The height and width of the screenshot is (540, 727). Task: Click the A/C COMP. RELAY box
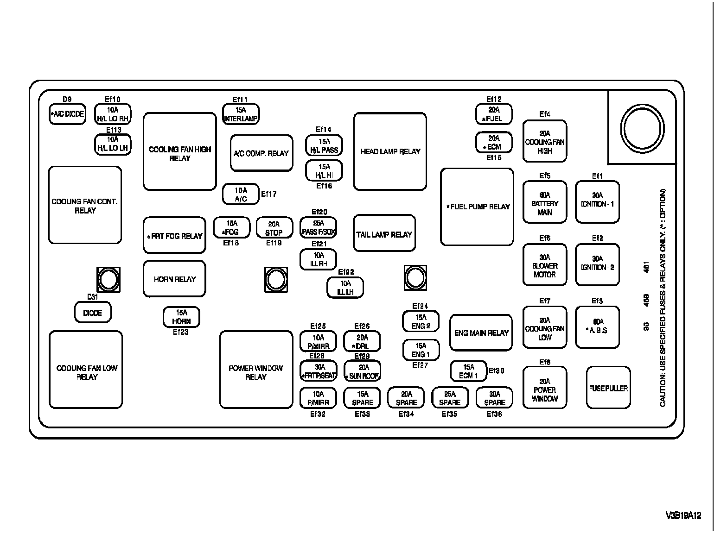point(261,153)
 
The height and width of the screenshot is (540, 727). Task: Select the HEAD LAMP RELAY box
point(390,151)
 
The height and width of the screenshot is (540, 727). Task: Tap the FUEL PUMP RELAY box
point(477,207)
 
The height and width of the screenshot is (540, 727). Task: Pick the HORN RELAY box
point(174,279)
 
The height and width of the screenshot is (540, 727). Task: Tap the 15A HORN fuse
point(181,317)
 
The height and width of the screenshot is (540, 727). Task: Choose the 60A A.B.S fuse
point(597,327)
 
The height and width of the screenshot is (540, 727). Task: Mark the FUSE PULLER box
point(608,388)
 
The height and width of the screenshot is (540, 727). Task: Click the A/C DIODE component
point(68,114)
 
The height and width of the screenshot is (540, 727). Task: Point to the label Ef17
point(269,194)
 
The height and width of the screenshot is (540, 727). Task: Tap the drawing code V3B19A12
point(683,515)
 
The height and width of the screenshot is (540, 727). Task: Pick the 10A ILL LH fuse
point(345,288)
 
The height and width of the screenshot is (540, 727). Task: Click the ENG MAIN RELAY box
point(481,333)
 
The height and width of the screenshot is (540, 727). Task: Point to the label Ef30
point(496,370)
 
